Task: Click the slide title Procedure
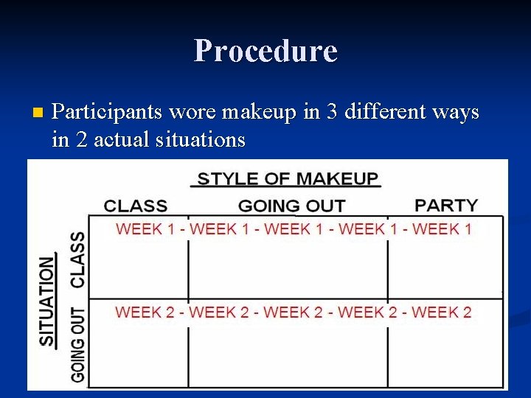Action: pyautogui.click(x=265, y=51)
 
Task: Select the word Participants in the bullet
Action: pyautogui.click(x=108, y=112)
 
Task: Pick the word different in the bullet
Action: pyautogui.click(x=383, y=112)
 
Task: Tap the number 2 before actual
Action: pyautogui.click(x=80, y=139)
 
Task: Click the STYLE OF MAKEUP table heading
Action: pyautogui.click(x=288, y=179)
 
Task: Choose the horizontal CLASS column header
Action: pyautogui.click(x=136, y=206)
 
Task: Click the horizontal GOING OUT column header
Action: pyautogui.click(x=291, y=206)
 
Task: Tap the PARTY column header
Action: pyautogui.click(x=446, y=205)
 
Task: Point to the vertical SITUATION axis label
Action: pyautogui.click(x=47, y=301)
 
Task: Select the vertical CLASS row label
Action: pyautogui.click(x=77, y=259)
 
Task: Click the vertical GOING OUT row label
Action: pyautogui.click(x=77, y=344)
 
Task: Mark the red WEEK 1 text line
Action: pyautogui.click(x=294, y=228)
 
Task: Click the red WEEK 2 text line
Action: pyautogui.click(x=294, y=312)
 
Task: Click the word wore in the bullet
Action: pyautogui.click(x=194, y=113)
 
